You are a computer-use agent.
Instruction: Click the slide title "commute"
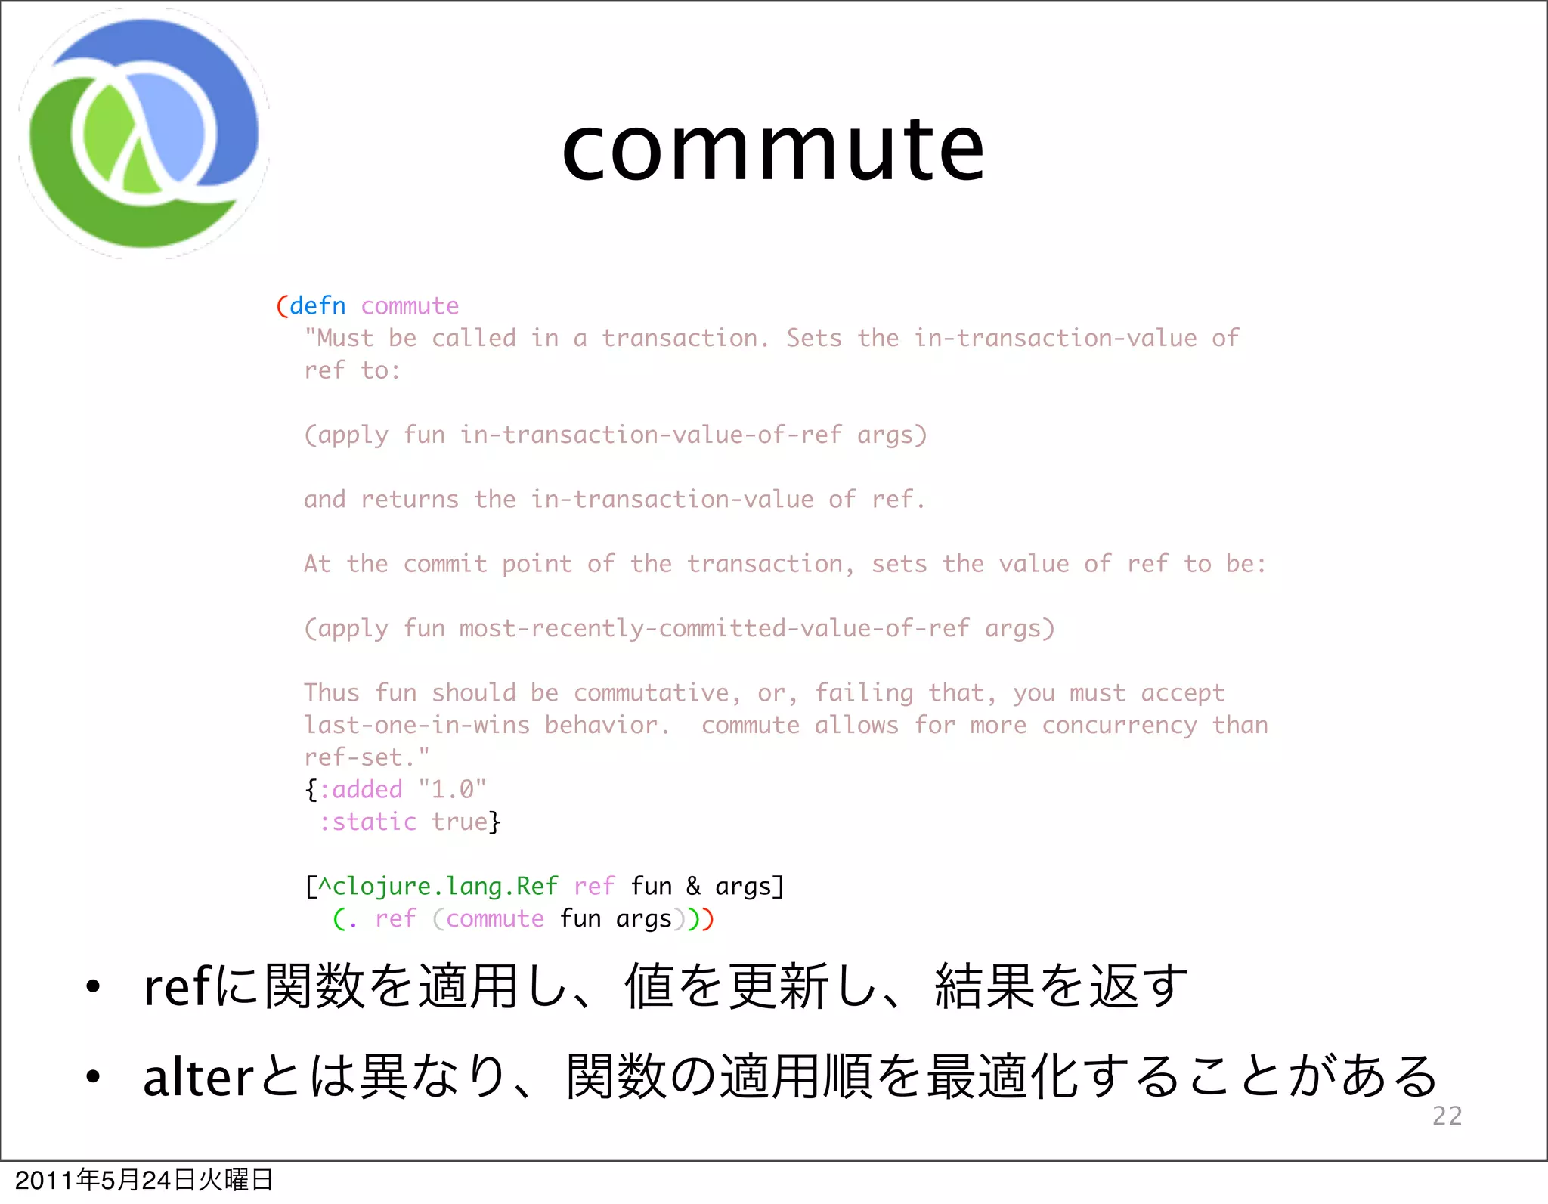click(773, 149)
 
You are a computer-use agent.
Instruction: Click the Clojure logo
click(144, 134)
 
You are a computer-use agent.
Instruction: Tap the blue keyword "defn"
click(317, 306)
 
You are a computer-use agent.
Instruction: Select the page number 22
click(1447, 1116)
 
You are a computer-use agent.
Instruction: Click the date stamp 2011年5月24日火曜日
click(144, 1180)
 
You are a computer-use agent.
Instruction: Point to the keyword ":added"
click(361, 790)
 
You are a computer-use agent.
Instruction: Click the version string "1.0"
click(452, 790)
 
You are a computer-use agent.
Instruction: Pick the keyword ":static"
click(367, 822)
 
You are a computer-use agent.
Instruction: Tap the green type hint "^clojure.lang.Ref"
click(438, 887)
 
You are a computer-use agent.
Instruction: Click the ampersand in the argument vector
click(693, 887)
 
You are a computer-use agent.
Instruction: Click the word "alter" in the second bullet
click(198, 1077)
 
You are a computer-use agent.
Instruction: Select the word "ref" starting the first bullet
click(177, 987)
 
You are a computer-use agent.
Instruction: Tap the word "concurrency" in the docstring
click(1119, 726)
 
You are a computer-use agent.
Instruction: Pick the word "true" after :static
click(460, 822)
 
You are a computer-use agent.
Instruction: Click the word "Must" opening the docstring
click(345, 339)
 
